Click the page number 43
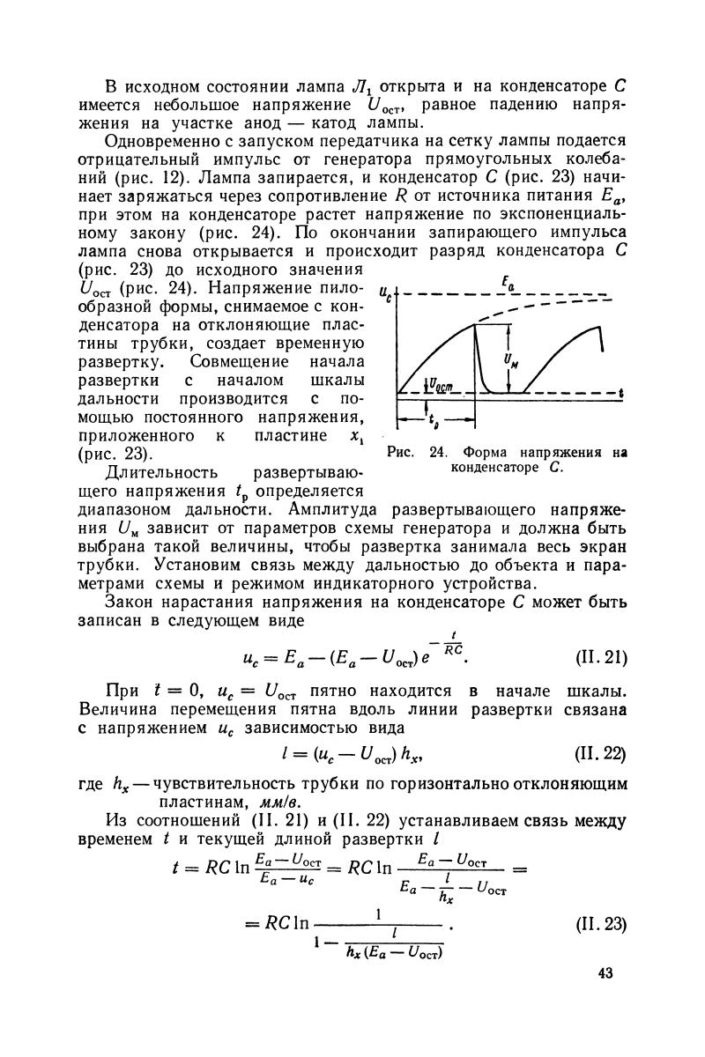click(x=603, y=974)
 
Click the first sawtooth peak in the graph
click(x=476, y=324)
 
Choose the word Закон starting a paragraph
click(x=130, y=603)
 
